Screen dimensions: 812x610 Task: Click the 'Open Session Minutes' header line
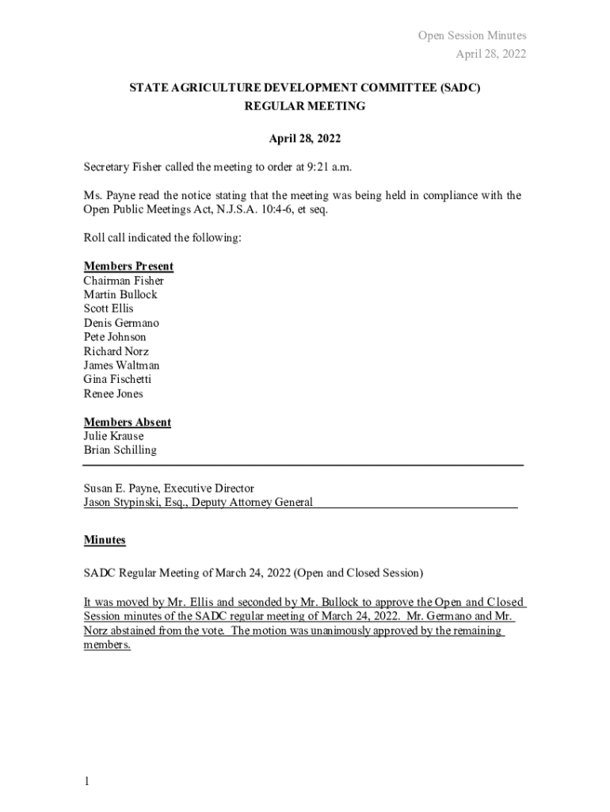tap(472, 36)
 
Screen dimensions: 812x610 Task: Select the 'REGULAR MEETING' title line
tap(305, 105)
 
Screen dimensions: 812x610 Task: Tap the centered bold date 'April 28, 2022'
tap(305, 139)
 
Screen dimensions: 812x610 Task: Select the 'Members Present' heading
tap(128, 266)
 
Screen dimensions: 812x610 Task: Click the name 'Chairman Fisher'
tap(124, 281)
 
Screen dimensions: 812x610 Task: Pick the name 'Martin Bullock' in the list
tap(120, 294)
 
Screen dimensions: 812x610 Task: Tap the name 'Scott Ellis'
tap(109, 308)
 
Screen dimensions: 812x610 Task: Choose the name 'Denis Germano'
tap(121, 323)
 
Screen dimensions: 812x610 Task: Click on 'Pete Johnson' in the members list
tap(115, 337)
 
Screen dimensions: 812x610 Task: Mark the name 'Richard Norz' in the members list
tap(116, 351)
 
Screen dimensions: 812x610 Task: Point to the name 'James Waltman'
tap(121, 366)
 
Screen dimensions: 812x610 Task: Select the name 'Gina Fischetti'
tap(117, 380)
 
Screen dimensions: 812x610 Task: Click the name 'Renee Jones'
tap(113, 394)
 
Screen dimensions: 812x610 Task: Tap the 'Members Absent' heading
tap(128, 423)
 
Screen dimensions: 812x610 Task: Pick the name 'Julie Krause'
tap(114, 436)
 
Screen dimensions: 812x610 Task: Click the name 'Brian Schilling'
tap(120, 450)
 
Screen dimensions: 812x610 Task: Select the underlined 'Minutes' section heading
tap(105, 540)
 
